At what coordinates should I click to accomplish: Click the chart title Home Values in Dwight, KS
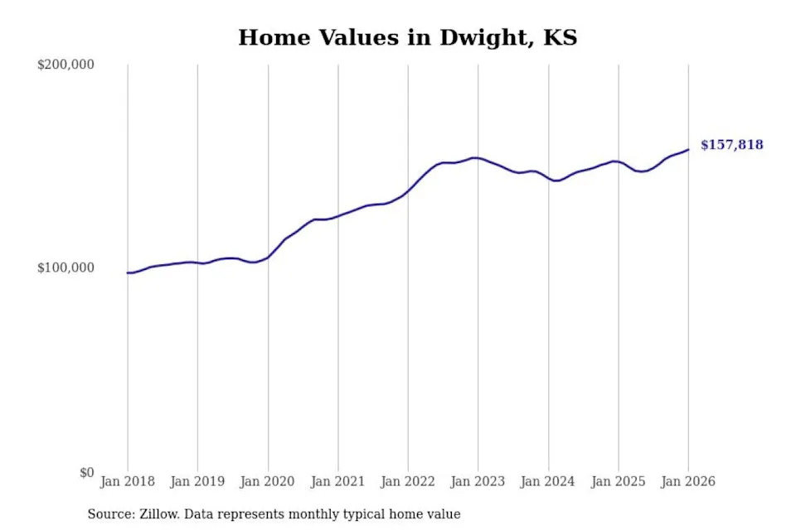click(407, 38)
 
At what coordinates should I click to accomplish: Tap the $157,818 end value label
click(731, 145)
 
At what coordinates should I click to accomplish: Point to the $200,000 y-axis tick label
click(66, 65)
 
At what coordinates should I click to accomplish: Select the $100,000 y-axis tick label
click(66, 268)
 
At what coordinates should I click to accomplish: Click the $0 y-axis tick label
click(87, 473)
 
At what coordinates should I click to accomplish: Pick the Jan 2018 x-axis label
click(128, 481)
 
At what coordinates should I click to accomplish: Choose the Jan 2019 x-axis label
click(197, 481)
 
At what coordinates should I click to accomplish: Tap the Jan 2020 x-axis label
click(268, 481)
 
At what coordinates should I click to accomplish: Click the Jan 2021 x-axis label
click(337, 481)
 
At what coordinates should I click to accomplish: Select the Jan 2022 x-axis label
click(408, 481)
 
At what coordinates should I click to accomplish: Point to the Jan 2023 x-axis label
click(478, 481)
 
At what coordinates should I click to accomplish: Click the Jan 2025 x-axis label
click(618, 481)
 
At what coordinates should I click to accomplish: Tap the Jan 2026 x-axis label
click(688, 481)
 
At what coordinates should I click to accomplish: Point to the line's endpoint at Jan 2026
click(688, 150)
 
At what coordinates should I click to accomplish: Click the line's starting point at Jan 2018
click(128, 272)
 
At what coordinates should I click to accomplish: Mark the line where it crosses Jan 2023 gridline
click(478, 158)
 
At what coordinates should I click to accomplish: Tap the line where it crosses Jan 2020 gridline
click(268, 257)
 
